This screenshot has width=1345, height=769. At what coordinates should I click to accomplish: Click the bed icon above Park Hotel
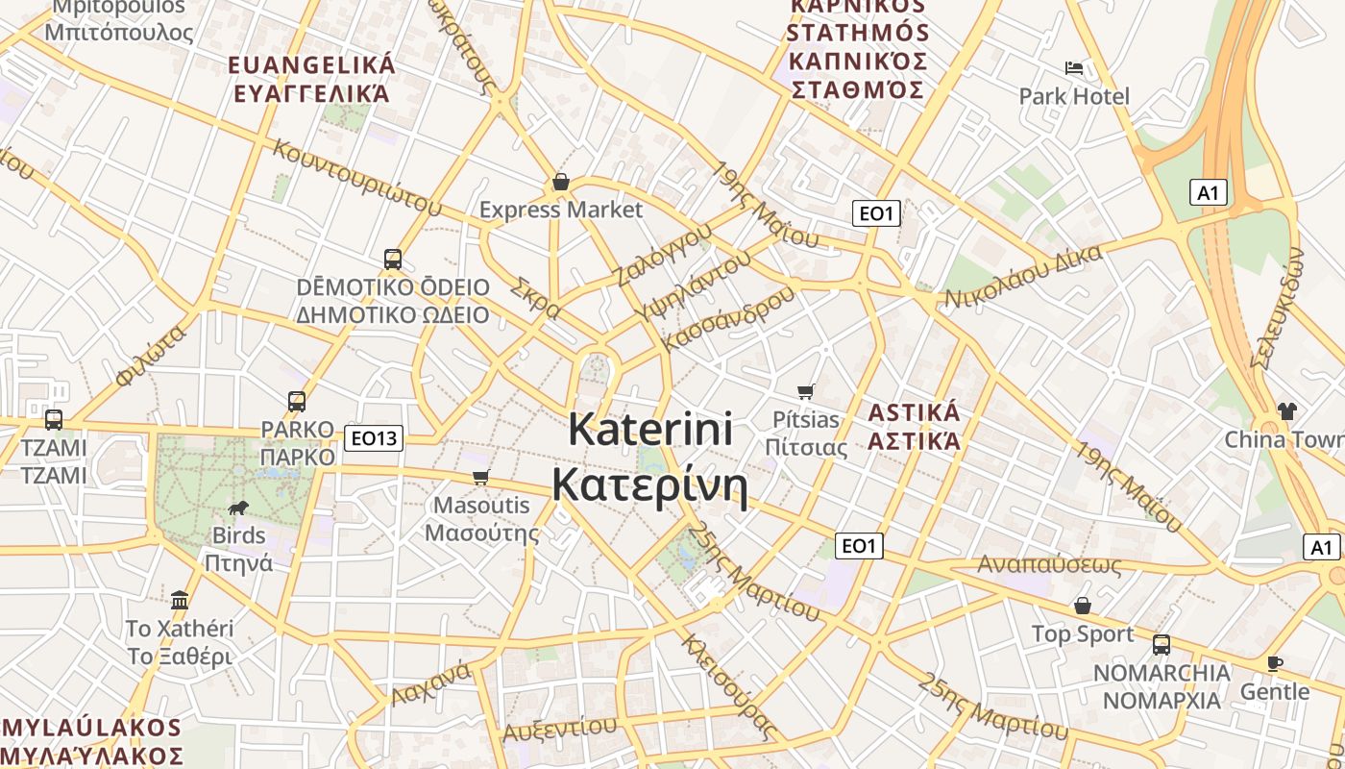coord(1074,68)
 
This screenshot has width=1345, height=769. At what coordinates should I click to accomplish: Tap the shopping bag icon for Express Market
coord(561,182)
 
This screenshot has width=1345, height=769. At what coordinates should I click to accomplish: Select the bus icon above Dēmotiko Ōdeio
coord(392,259)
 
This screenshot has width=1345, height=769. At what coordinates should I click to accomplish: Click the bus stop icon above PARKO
coord(297,402)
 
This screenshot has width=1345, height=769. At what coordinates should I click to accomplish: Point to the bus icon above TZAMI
coord(54,420)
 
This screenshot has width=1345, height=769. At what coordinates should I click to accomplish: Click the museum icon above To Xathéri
coord(180,601)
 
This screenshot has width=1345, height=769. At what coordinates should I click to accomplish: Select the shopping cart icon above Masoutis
coord(481,477)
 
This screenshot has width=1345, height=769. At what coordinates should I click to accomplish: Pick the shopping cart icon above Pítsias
coord(806,391)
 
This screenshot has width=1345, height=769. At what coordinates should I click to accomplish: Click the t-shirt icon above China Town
coord(1287,411)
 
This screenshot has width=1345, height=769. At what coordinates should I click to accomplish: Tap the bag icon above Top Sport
coord(1083,606)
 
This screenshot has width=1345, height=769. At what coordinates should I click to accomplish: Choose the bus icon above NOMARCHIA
coord(1162,644)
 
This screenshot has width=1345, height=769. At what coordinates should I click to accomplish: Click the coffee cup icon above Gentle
coord(1275,663)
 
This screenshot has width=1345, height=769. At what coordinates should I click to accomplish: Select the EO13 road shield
coord(374,438)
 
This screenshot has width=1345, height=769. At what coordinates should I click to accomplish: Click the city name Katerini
coord(650,429)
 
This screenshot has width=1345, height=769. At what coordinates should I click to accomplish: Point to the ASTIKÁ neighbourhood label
coord(914,413)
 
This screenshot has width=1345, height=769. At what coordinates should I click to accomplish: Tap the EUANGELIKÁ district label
coord(312,65)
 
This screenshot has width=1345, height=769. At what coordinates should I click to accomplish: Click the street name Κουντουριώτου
coord(357,178)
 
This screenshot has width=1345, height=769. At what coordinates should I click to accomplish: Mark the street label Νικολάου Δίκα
coord(1022,276)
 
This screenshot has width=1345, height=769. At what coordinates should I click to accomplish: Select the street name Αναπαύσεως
coord(1049,564)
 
